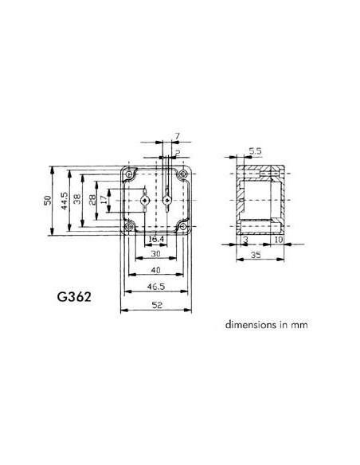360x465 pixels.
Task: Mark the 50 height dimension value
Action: (x=48, y=201)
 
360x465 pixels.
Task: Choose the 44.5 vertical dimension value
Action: (x=64, y=201)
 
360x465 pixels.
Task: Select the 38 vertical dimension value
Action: (x=79, y=201)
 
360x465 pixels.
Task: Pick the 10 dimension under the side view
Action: (x=278, y=239)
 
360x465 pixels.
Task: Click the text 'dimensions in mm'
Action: (x=265, y=325)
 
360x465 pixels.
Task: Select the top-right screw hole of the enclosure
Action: (x=185, y=174)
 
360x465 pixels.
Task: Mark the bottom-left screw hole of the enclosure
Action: (x=127, y=229)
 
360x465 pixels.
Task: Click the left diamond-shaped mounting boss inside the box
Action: (x=143, y=201)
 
